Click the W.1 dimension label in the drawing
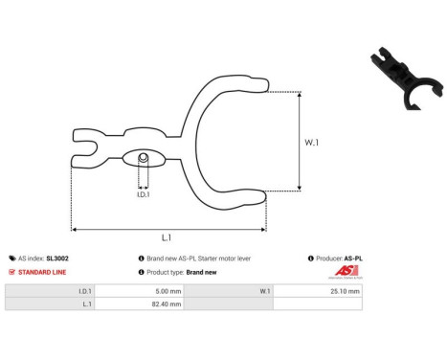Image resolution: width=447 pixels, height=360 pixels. [x=311, y=144]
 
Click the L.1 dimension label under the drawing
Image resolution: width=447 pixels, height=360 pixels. [x=166, y=237]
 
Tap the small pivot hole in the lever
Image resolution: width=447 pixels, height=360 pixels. [x=143, y=157]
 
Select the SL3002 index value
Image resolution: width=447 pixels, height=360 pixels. [x=57, y=259]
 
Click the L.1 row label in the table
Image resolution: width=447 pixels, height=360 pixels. [x=88, y=304]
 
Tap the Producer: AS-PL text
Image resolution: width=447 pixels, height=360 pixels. [x=340, y=259]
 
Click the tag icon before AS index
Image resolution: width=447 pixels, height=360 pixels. [x=12, y=259]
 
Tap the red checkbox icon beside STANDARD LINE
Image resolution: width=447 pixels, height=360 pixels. [x=12, y=272]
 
